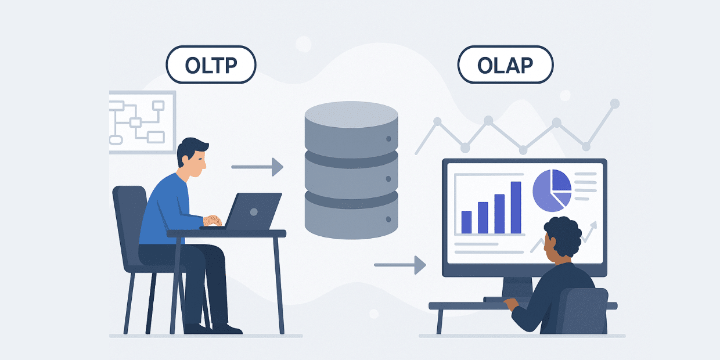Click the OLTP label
point(211,64)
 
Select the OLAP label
point(505,64)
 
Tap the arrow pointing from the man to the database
point(257,167)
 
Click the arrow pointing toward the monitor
point(400,265)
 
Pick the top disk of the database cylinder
point(351,129)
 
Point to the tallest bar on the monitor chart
point(516,207)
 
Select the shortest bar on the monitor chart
point(466,222)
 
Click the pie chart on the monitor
point(552,190)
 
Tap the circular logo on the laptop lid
point(254,211)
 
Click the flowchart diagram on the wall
point(142,123)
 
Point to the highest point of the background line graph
point(614,103)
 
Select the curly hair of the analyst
point(563,236)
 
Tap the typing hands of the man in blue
point(213,221)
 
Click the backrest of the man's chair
point(129,225)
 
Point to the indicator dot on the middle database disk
point(388,179)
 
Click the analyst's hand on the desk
point(512,304)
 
